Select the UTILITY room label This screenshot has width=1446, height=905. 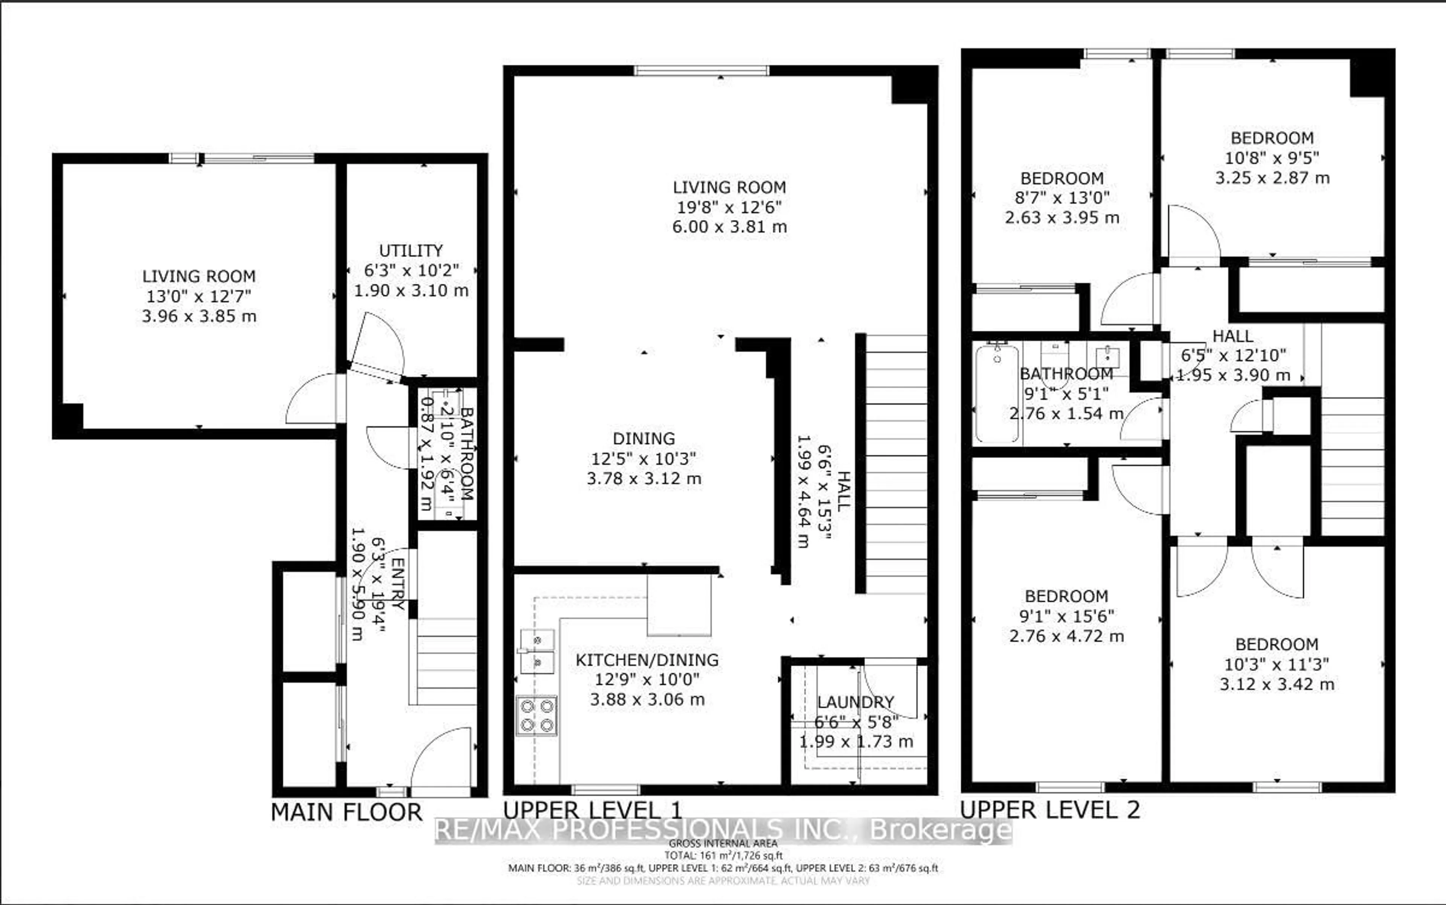point(411,250)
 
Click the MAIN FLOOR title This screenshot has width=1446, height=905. point(346,812)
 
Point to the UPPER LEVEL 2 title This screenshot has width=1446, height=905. point(1049,810)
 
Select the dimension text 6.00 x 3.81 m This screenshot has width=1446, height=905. point(729,227)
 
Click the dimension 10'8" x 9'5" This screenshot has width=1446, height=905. point(1272,158)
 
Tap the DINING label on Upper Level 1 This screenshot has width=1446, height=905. point(644,438)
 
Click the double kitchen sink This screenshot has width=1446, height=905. point(537,651)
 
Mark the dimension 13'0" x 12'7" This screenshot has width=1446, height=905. point(199,296)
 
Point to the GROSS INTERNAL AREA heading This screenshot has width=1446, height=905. point(723,843)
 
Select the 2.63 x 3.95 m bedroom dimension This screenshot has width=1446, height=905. point(1062,217)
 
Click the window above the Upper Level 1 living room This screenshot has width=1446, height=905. point(701,71)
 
